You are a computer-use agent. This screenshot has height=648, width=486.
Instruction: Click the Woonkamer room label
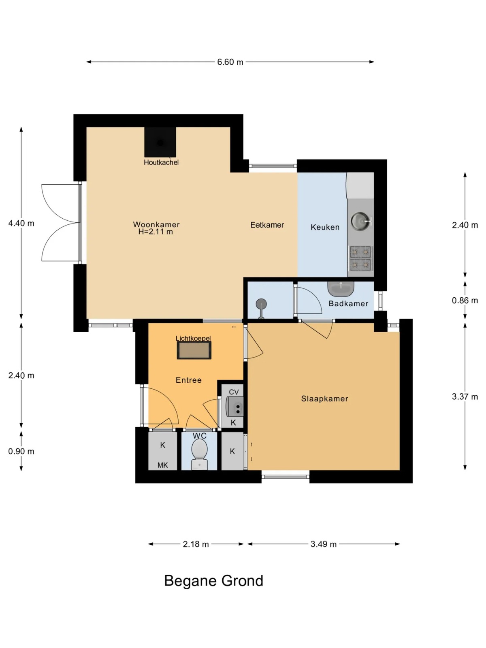(156, 224)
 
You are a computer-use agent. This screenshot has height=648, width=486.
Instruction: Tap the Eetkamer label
(267, 225)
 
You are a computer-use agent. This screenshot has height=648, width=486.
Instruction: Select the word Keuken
(325, 227)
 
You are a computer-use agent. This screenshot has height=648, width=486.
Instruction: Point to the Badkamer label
(348, 303)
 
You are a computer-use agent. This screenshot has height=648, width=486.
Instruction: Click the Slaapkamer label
(324, 399)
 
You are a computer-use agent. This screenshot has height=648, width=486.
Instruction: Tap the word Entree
(189, 380)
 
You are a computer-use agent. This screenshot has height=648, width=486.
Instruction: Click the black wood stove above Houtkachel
(160, 142)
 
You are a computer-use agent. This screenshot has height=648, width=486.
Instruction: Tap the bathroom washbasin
(341, 289)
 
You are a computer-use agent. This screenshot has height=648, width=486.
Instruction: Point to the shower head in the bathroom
(261, 304)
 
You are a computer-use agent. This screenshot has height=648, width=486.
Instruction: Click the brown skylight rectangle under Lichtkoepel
(194, 350)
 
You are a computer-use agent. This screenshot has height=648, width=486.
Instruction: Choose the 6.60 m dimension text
(230, 62)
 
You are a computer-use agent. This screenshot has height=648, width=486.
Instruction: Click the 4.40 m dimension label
(21, 223)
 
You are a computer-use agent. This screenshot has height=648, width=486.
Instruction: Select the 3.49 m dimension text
(324, 544)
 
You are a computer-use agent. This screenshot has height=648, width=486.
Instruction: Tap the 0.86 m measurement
(465, 300)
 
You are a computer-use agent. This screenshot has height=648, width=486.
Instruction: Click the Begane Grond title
(214, 581)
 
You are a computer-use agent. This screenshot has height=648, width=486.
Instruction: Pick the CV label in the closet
(234, 392)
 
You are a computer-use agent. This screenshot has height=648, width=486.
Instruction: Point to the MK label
(162, 465)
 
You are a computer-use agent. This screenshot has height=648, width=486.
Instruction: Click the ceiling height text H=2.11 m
(156, 232)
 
